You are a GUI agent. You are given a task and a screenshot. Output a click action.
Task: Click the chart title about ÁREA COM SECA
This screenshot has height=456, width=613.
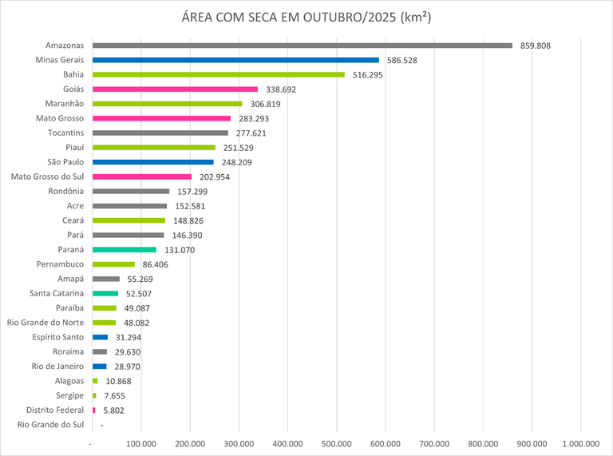click(x=306, y=18)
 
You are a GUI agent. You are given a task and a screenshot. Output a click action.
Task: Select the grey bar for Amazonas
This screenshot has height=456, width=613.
click(x=303, y=46)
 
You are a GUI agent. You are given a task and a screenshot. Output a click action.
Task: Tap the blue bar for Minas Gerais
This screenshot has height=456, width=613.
click(x=235, y=60)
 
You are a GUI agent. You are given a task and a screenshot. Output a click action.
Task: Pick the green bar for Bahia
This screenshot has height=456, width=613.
click(x=219, y=74)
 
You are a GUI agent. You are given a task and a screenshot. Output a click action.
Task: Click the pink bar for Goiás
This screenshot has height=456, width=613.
click(x=176, y=89)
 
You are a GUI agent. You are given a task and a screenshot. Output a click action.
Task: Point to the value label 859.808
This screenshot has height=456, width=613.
click(x=535, y=46)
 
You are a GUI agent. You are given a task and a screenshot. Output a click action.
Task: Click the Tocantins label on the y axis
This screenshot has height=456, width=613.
click(x=66, y=133)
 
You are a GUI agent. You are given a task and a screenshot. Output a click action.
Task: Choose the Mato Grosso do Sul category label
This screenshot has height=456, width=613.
click(x=47, y=176)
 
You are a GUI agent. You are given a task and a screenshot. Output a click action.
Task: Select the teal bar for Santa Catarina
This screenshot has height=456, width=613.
click(x=105, y=293)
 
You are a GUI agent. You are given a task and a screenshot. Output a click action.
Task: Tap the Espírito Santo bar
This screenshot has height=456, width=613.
click(x=100, y=337)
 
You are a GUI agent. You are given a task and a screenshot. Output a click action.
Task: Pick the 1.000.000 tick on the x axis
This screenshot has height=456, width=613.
click(x=581, y=444)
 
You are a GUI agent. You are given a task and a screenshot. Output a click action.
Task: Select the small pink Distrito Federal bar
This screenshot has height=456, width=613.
click(x=94, y=410)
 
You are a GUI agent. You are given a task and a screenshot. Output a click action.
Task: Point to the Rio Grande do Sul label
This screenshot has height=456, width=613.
click(x=50, y=425)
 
